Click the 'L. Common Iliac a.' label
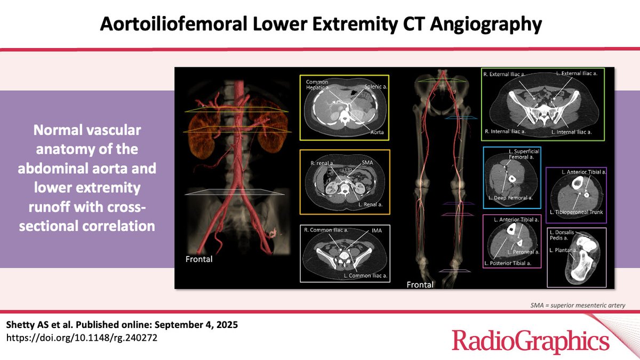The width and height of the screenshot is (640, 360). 365,275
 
